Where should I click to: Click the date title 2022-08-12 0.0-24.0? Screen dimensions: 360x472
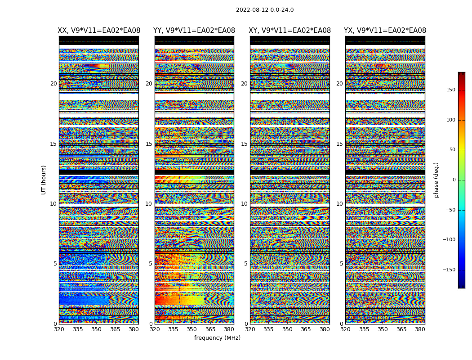coord(265,10)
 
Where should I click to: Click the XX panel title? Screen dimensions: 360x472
coord(99,31)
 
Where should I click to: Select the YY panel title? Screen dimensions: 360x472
coord(194,31)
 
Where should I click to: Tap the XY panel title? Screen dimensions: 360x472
coord(290,31)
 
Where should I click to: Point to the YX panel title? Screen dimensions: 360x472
coord(385,31)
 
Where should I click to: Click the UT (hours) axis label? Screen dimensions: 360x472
coord(44,180)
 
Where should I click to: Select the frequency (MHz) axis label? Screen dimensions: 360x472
coord(217,338)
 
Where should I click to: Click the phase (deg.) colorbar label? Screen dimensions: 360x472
coord(436,180)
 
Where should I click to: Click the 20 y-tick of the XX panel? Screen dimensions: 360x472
coord(53,84)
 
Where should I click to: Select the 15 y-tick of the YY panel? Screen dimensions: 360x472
coord(149,144)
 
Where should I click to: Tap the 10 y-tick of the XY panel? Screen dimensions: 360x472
coord(244,204)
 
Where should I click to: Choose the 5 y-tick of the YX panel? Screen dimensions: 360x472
coord(341,264)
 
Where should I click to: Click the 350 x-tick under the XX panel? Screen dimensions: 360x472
coord(96,329)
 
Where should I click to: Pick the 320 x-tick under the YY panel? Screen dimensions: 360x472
coord(155,329)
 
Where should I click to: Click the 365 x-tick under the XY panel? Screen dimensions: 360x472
coord(306,329)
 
